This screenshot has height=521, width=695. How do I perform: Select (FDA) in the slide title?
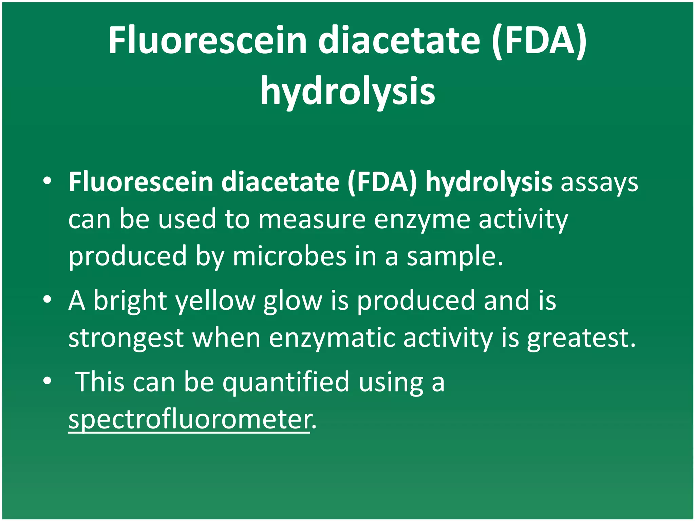coord(540,41)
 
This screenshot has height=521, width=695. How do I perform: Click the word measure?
coord(312,219)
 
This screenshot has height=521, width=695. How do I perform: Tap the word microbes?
coord(289,256)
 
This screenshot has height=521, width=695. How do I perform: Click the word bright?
coord(130,301)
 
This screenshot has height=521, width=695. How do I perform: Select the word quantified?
coord(286,382)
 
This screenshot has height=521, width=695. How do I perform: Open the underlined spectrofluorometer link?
coord(189,420)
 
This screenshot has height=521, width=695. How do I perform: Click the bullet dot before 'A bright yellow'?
coord(47,299)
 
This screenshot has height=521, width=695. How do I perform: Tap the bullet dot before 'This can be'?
coord(47,381)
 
